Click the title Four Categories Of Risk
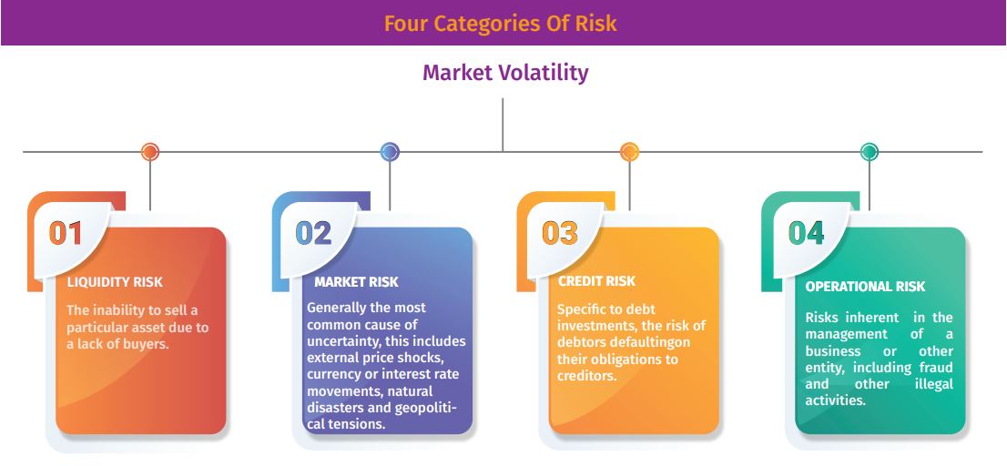pos(500,23)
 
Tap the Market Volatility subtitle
pos(505,73)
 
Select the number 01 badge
pos(66,233)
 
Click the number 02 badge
pos(313,233)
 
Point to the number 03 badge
pos(560,233)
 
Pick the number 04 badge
pos(806,233)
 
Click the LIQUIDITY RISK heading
pos(115,282)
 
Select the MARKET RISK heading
pos(356,282)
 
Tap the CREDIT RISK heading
pos(596,280)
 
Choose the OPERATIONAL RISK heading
pos(866,287)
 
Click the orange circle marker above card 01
pos(149,152)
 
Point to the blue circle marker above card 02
pos(390,152)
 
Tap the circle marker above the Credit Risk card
pos(629,152)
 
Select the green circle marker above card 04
pos(869,152)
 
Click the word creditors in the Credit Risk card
pos(587,376)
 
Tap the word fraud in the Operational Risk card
pos(935,368)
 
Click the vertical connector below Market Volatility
pos(503,126)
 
